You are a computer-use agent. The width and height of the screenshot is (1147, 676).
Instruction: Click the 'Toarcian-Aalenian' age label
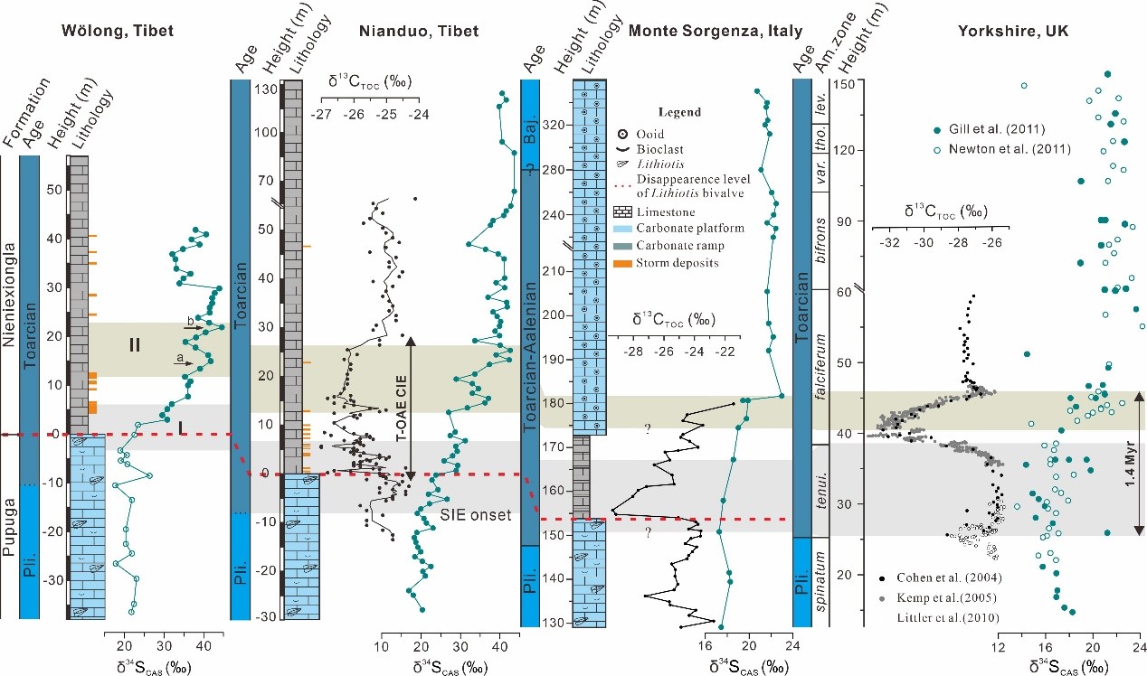point(532,358)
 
